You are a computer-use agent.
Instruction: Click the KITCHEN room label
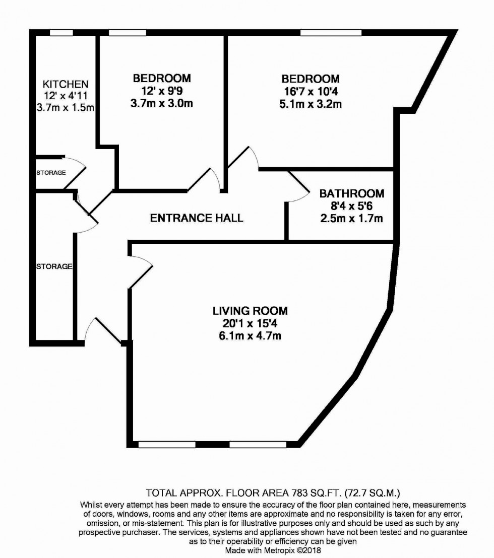[x=66, y=84]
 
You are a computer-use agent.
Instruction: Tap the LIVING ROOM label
[x=246, y=311]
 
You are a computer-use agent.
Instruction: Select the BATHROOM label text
[x=352, y=193]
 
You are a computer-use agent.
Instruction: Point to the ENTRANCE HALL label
[x=197, y=218]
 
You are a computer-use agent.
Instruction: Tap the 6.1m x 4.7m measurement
[x=246, y=336]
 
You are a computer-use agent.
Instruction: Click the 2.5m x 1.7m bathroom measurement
[x=352, y=218]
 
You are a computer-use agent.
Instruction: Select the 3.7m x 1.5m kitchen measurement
[x=66, y=107]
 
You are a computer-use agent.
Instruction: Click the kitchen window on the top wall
[x=61, y=33]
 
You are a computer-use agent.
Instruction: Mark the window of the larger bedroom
[x=331, y=33]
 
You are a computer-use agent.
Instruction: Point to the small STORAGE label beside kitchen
[x=51, y=173]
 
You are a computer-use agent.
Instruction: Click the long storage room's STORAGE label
[x=54, y=266]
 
